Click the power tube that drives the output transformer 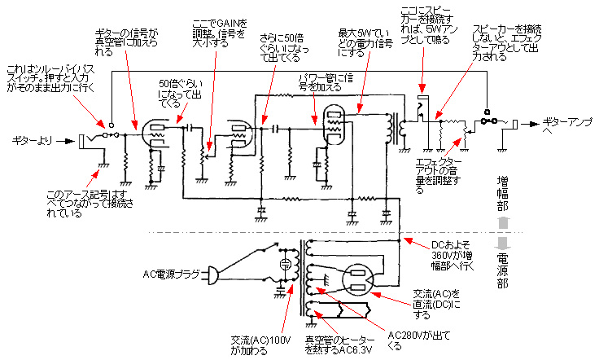coord(332,124)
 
